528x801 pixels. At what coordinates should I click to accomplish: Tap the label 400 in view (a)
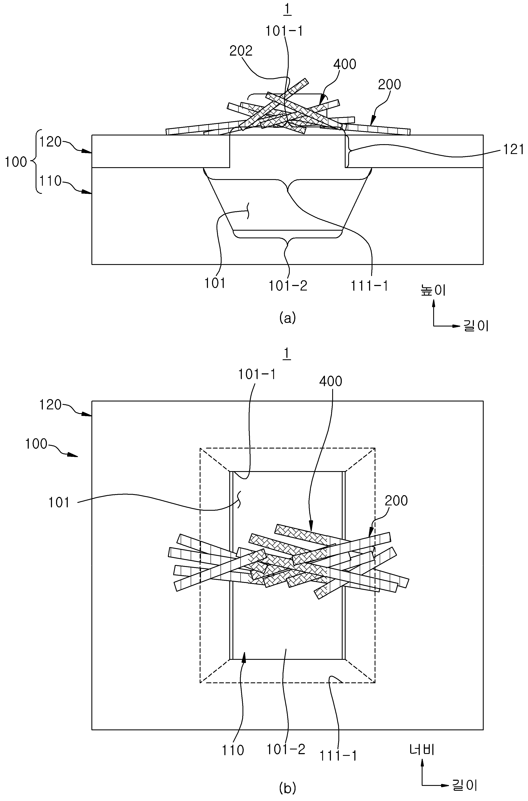pos(345,64)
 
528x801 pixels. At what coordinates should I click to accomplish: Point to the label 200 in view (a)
pos(390,85)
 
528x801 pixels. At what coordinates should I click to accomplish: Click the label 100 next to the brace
pos(16,162)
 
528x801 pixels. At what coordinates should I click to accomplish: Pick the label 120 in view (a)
pos(50,142)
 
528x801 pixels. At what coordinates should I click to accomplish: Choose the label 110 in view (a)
pos(50,182)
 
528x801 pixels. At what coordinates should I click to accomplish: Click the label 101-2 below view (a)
pos(288,286)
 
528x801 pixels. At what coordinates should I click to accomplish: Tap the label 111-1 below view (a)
pos(369,286)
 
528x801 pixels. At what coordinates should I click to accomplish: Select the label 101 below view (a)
pos(215,284)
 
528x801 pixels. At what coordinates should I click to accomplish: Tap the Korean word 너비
pos(422,759)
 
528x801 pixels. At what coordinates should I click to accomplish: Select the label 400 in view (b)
pos(331,381)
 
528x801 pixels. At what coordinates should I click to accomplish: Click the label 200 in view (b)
pos(396,501)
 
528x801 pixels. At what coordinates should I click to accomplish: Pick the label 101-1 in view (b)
pos(257,374)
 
